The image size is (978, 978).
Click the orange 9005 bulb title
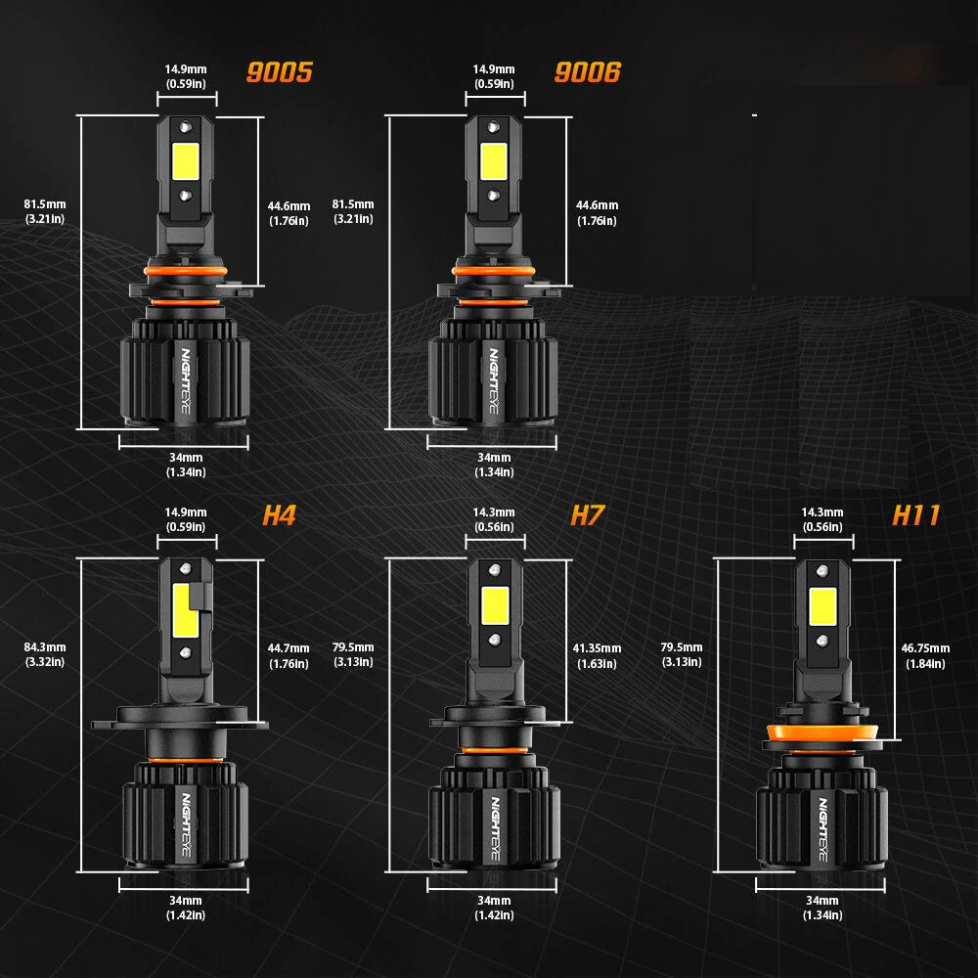point(280,72)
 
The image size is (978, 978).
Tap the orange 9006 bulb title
point(588,72)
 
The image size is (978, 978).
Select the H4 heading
point(279,515)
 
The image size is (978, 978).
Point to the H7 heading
point(588,515)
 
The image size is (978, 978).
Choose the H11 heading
point(915,515)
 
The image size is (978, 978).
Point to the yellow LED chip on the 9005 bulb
point(186,161)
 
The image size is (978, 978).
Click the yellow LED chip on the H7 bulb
point(495,605)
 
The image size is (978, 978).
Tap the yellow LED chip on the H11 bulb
point(822,606)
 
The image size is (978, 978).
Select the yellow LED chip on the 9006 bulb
point(494,161)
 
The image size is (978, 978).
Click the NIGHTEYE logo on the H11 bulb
point(823,829)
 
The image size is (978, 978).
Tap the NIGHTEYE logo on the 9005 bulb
point(186,380)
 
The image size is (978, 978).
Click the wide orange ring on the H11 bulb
point(822,733)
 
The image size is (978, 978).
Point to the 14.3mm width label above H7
point(494,519)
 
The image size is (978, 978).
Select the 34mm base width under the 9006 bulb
point(494,465)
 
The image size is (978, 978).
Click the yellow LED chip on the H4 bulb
point(185,610)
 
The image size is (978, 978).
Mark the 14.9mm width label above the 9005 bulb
point(186,76)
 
